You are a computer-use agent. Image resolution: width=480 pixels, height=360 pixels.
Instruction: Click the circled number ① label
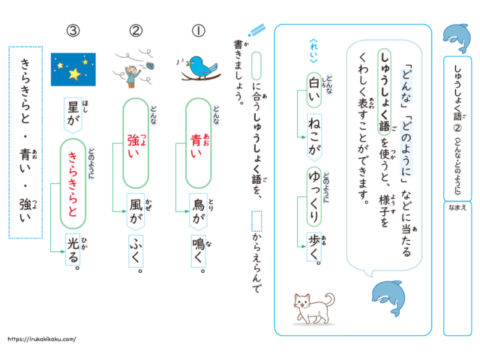point(198,31)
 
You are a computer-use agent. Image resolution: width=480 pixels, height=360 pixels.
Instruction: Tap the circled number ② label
point(136,31)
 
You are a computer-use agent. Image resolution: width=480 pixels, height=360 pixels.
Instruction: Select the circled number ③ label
point(73,31)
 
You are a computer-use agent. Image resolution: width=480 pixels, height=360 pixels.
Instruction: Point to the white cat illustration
point(313,308)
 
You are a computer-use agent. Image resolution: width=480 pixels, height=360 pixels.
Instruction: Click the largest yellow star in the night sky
point(74,73)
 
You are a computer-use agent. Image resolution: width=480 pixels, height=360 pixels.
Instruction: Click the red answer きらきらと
point(73,184)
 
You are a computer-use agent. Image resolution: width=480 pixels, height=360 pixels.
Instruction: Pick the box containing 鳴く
point(198,251)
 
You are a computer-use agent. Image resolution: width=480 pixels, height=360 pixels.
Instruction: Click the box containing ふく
point(136,251)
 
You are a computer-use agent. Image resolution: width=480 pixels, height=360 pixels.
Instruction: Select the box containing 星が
point(73,115)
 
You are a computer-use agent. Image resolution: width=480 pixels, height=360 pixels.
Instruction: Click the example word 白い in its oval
point(314,90)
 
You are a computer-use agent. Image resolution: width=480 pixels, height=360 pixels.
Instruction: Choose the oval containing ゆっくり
point(314,196)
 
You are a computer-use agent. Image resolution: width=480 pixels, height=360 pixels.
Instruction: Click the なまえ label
point(457,208)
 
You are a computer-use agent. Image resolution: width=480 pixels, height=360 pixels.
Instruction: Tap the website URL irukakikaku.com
point(42,339)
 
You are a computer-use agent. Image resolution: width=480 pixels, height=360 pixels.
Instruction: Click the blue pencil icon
point(256,30)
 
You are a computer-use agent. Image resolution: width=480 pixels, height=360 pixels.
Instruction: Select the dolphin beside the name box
point(457,38)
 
